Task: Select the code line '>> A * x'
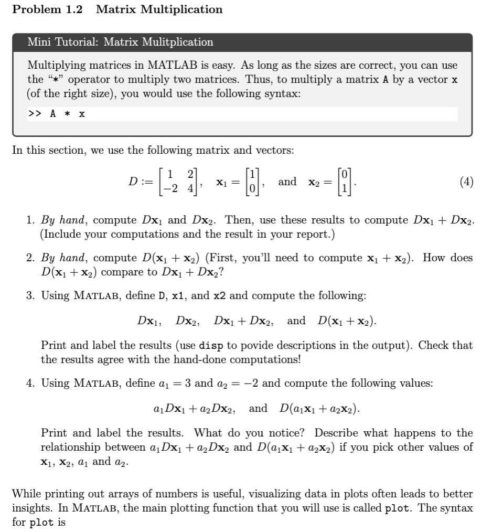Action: click(x=57, y=114)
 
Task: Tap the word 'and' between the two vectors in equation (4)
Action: click(x=287, y=182)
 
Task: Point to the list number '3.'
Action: click(x=30, y=295)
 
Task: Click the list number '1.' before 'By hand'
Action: click(x=30, y=220)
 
